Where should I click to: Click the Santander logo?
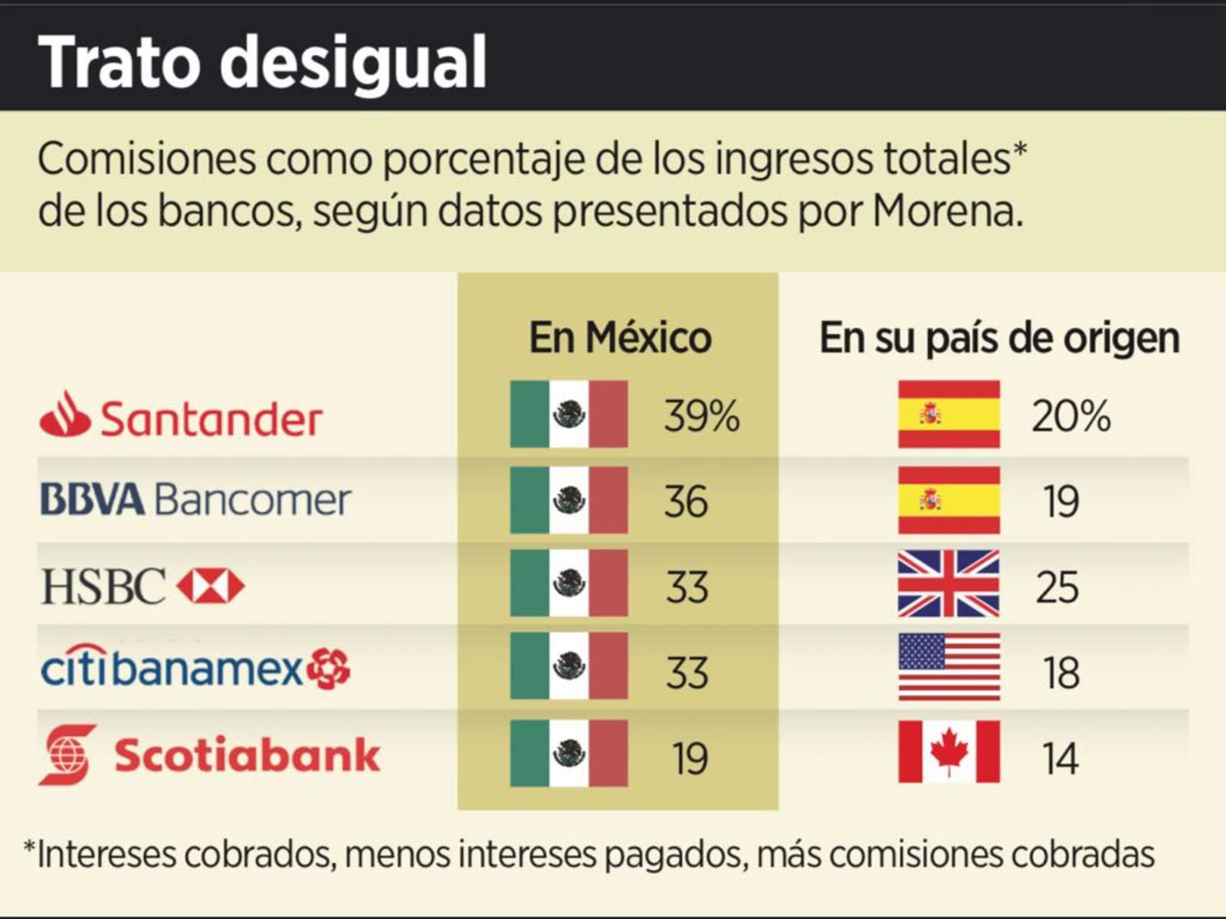pyautogui.click(x=181, y=417)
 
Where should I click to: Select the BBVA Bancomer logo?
pyautogui.click(x=195, y=499)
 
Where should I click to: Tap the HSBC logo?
pyautogui.click(x=143, y=586)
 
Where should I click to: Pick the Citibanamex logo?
pyautogui.click(x=195, y=668)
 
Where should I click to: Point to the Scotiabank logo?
pyautogui.click(x=209, y=755)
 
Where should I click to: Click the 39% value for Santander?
pyautogui.click(x=701, y=417)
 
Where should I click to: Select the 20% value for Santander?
pyautogui.click(x=1070, y=417)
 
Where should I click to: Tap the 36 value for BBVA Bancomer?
pyautogui.click(x=686, y=502)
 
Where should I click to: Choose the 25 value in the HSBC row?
pyautogui.click(x=1057, y=587)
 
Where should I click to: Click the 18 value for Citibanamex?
pyautogui.click(x=1060, y=673)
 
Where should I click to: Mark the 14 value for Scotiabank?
pyautogui.click(x=1060, y=759)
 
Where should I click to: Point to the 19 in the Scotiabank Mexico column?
pyautogui.click(x=690, y=759)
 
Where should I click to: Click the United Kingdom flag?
pyautogui.click(x=949, y=584)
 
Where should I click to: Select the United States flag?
pyautogui.click(x=949, y=667)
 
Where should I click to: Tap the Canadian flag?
pyautogui.click(x=949, y=752)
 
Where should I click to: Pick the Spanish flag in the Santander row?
pyautogui.click(x=949, y=414)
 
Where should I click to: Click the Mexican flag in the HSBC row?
pyautogui.click(x=569, y=584)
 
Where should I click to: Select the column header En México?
pyautogui.click(x=620, y=338)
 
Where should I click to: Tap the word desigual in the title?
pyautogui.click(x=353, y=63)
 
